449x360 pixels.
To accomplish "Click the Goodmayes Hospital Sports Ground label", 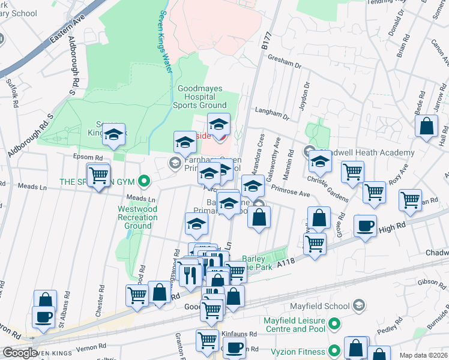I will coord(200,97).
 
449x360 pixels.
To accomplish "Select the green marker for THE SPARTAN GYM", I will coord(143,181).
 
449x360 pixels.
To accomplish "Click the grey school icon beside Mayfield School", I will coord(359,306).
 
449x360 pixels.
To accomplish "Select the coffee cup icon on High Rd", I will coord(365,227).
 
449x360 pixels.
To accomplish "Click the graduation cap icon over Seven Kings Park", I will coord(112,136).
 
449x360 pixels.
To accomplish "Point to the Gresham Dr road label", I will coord(285,63).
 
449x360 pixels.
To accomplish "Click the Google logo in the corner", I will coord(19,353).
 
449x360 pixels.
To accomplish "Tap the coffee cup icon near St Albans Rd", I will coord(43,316).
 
